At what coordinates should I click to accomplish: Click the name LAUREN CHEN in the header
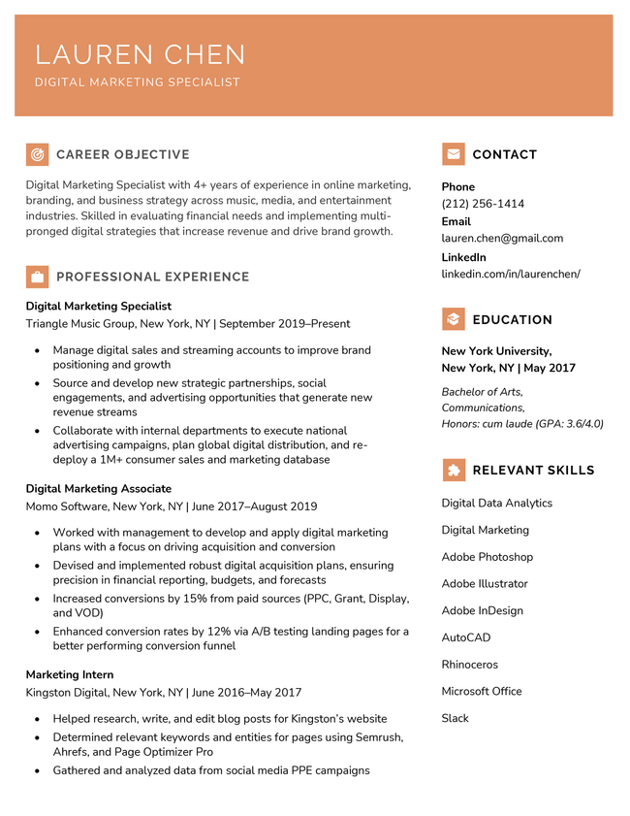tap(140, 54)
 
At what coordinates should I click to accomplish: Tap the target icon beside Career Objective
tap(37, 154)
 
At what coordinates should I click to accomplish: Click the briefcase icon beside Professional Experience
tap(37, 277)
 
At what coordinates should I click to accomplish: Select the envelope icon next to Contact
tap(453, 154)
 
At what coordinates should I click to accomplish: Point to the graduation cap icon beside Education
tap(453, 319)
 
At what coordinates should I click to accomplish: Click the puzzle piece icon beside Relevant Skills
tap(453, 470)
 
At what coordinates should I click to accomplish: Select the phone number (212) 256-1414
tap(483, 204)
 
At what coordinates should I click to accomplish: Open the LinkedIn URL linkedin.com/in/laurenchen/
tap(511, 274)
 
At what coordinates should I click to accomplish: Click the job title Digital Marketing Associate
tap(98, 489)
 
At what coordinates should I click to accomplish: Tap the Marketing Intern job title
tap(70, 674)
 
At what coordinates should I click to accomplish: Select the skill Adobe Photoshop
tap(487, 557)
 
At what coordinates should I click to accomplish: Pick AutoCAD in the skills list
tap(465, 637)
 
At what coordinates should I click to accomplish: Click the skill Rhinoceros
tap(469, 665)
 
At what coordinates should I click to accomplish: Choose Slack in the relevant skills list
tap(455, 718)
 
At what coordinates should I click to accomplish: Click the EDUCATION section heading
tap(512, 320)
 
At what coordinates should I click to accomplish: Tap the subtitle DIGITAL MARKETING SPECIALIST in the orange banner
tap(137, 82)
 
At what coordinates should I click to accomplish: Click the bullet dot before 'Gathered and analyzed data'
tap(37, 771)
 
